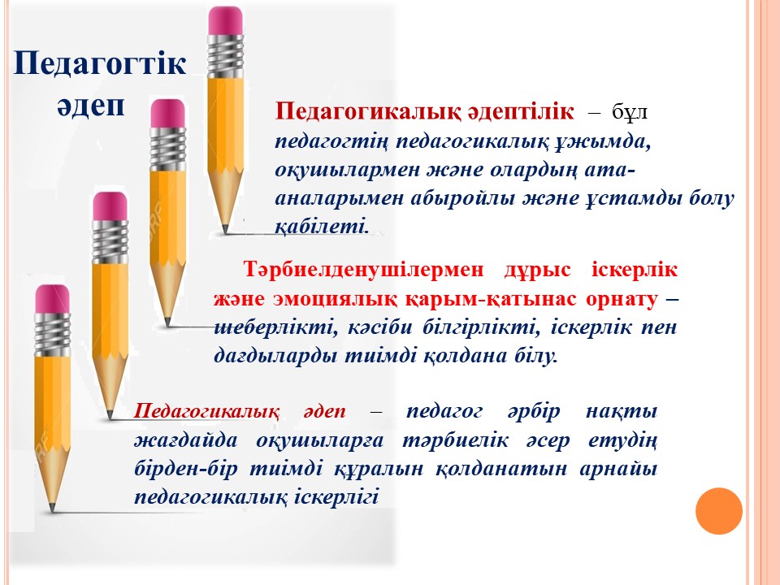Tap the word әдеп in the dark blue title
pyautogui.click(x=90, y=106)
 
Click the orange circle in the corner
pyautogui.click(x=719, y=511)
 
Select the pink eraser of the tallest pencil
pyautogui.click(x=225, y=21)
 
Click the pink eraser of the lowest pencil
pyautogui.click(x=52, y=299)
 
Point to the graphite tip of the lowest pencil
pyautogui.click(x=52, y=508)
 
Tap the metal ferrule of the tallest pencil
pyautogui.click(x=225, y=56)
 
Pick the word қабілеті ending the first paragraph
pyautogui.click(x=322, y=227)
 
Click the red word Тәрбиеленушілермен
pyautogui.click(x=363, y=270)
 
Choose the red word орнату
pyautogui.click(x=622, y=299)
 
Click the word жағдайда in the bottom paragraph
pyautogui.click(x=185, y=440)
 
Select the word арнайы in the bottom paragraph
pyautogui.click(x=618, y=469)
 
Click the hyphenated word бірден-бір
pyautogui.click(x=185, y=469)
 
